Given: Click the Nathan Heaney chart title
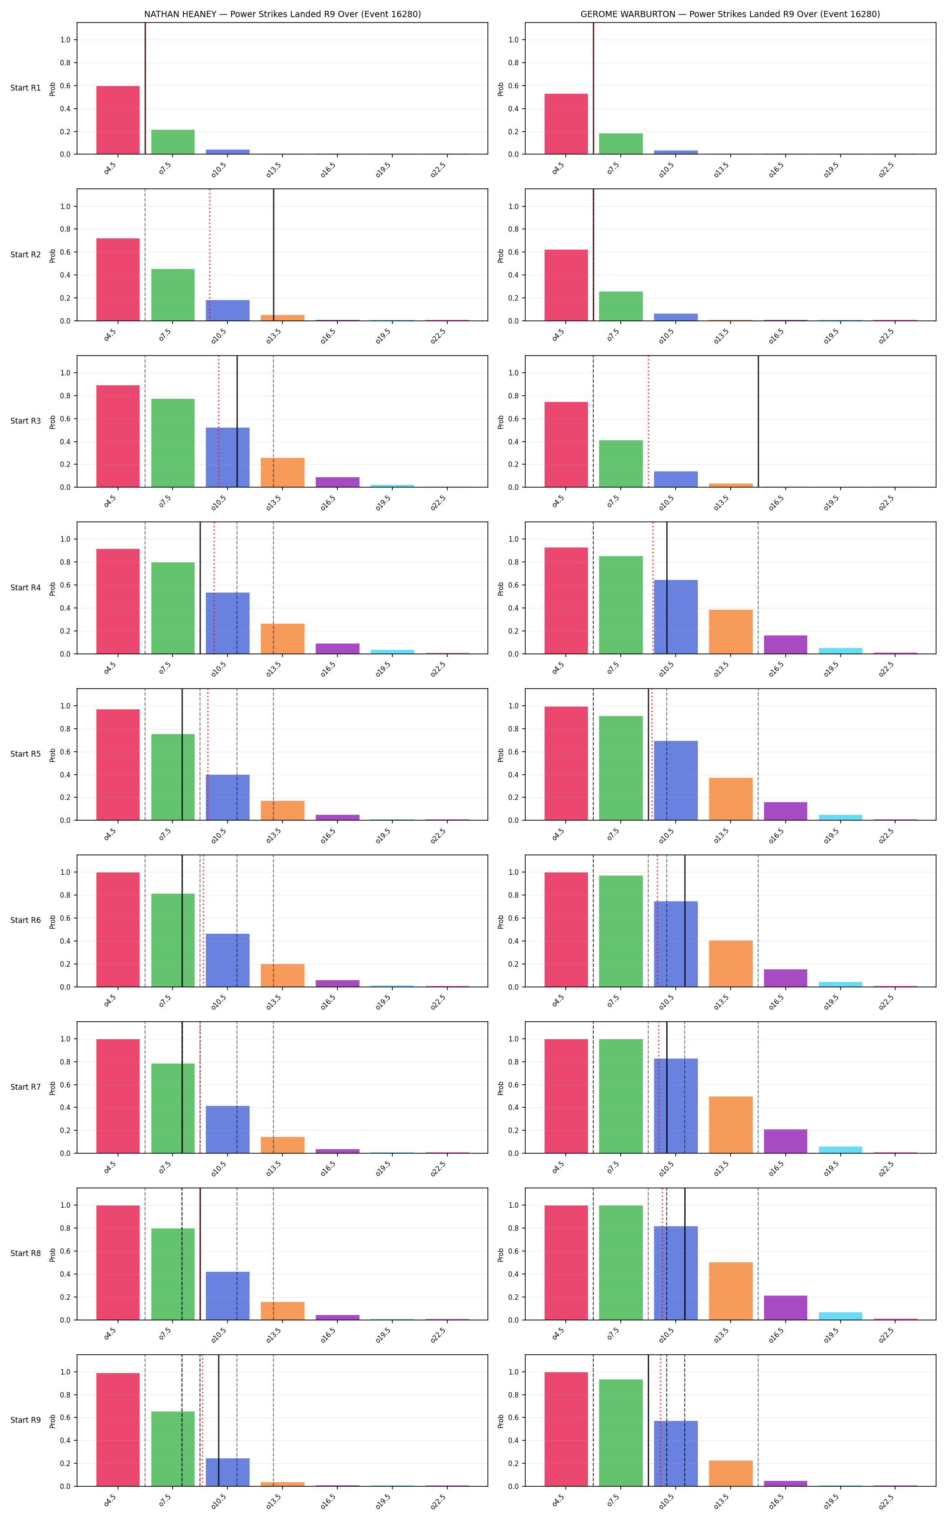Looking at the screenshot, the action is [x=282, y=14].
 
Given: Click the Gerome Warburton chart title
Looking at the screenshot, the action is [x=730, y=14].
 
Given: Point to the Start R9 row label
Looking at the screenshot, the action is [x=26, y=1420].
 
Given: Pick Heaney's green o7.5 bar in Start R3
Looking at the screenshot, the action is [x=173, y=443].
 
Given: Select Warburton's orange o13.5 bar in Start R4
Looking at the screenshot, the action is [x=731, y=631].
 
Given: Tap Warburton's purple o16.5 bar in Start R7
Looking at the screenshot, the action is [x=785, y=1141].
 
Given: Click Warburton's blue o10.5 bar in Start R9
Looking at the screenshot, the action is [x=676, y=1453].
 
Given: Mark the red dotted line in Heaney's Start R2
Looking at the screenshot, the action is [x=209, y=255].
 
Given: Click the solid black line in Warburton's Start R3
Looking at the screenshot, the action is [x=758, y=421].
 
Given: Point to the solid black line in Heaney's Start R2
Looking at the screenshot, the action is [x=273, y=255].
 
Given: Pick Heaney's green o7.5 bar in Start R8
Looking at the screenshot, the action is [x=173, y=1274].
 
